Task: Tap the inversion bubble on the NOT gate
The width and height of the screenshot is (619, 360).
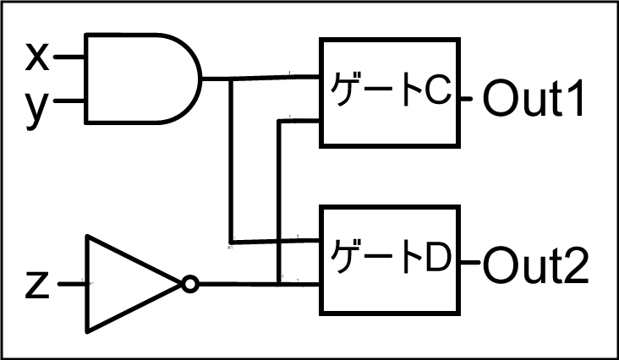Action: pos(190,285)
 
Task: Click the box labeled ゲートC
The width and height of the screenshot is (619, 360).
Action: pos(390,92)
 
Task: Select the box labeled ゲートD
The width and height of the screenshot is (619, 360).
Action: pos(390,259)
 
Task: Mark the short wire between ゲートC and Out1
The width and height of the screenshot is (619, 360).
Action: pos(471,99)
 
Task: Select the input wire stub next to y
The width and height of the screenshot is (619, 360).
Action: pos(71,104)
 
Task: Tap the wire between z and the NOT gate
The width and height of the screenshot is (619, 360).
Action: pos(73,285)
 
